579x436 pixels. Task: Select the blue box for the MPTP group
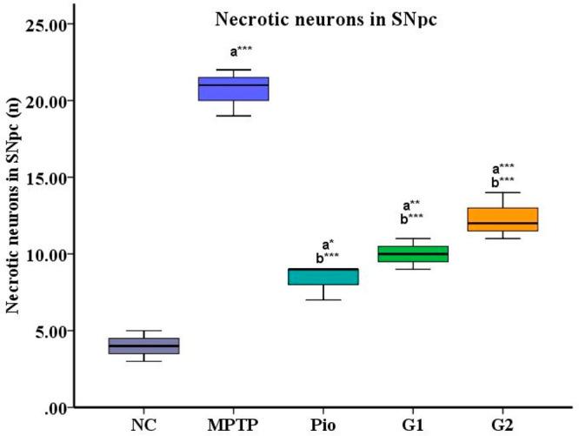[x=234, y=89]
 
